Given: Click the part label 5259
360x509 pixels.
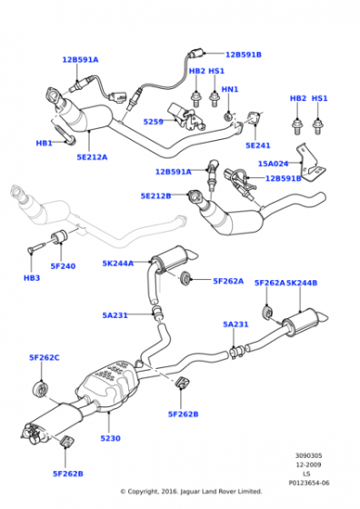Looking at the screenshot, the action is pyautogui.click(x=154, y=122).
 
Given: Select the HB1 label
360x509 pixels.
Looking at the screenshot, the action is pyautogui.click(x=45, y=143).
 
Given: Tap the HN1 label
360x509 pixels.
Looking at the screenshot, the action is pyautogui.click(x=230, y=89).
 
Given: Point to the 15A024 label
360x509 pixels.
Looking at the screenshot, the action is pyautogui.click(x=273, y=164).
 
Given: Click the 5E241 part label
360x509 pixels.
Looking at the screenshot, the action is pyautogui.click(x=258, y=145).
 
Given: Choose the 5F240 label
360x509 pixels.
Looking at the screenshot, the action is pyautogui.click(x=63, y=266).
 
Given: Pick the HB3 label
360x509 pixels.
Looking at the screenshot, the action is pyautogui.click(x=32, y=278).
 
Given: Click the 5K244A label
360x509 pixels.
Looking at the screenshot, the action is pyautogui.click(x=118, y=264).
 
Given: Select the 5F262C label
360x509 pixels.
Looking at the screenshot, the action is pyautogui.click(x=45, y=357).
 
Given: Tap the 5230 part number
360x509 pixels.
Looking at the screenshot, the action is pyautogui.click(x=110, y=438).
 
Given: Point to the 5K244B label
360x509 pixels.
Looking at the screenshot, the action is pyautogui.click(x=302, y=283).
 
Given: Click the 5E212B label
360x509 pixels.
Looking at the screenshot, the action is pyautogui.click(x=155, y=195).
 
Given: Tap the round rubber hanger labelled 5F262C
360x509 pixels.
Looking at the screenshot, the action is pyautogui.click(x=41, y=389).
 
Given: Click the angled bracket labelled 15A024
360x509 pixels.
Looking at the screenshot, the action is pyautogui.click(x=309, y=164).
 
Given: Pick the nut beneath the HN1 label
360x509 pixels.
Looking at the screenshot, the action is pyautogui.click(x=229, y=116).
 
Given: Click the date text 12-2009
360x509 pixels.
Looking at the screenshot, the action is pyautogui.click(x=308, y=464).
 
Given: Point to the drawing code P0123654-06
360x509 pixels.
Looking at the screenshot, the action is pyautogui.click(x=309, y=483).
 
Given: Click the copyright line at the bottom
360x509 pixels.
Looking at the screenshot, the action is pyautogui.click(x=191, y=492).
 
